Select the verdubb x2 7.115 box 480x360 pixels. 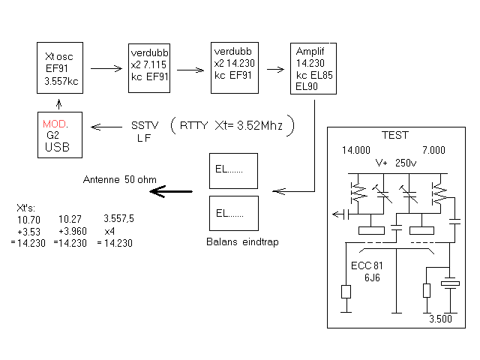pos(148,67)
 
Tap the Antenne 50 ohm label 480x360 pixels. pos(119,179)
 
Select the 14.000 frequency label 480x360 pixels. pos(356,151)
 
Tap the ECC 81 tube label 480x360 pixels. pos(367,265)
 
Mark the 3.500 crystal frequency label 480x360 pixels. pos(441,319)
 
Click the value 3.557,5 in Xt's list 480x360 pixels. pos(118,218)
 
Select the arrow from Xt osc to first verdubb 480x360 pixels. pos(105,68)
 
